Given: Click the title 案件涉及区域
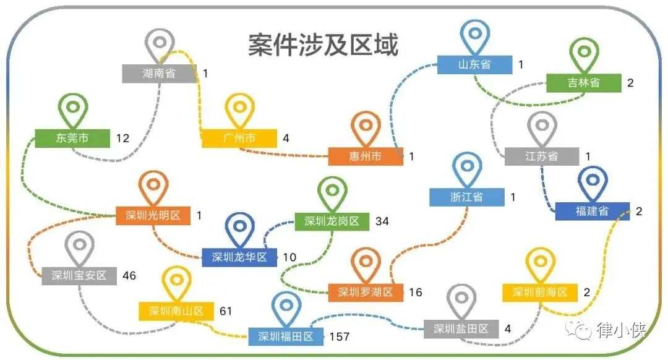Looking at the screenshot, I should [x=323, y=45].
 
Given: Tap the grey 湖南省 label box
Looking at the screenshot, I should [x=159, y=73].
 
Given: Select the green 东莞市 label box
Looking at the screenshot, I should [x=72, y=138].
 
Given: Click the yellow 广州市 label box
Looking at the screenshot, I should [x=239, y=138].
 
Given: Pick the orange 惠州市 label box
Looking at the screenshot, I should [x=365, y=156].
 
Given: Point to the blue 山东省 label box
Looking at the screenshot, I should [x=474, y=64].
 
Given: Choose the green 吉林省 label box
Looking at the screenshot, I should [x=583, y=82].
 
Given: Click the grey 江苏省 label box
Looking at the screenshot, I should [x=542, y=156].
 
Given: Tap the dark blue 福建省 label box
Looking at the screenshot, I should [x=592, y=211].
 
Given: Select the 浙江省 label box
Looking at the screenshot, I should [x=467, y=197].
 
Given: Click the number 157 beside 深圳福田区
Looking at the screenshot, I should [x=340, y=336].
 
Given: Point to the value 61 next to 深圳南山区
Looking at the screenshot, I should [x=226, y=311].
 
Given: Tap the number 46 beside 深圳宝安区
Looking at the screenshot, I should [x=129, y=275].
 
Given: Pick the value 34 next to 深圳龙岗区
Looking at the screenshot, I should [x=382, y=221].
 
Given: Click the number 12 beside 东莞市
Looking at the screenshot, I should [x=122, y=138].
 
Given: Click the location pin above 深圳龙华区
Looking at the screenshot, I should [x=240, y=228].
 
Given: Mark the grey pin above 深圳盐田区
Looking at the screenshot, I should [x=461, y=299].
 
